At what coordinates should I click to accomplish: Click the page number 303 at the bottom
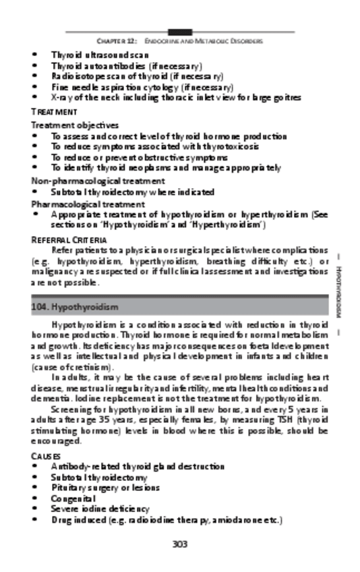(x=179, y=544)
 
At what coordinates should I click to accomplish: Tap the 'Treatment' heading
(x=54, y=111)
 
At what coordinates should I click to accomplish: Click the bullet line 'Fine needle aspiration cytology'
(x=142, y=87)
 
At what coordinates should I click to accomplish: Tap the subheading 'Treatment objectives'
(x=75, y=125)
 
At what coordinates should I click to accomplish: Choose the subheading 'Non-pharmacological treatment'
(x=98, y=181)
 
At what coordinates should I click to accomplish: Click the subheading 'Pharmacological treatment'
(x=88, y=203)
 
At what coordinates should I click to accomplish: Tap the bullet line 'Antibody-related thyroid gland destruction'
(x=138, y=466)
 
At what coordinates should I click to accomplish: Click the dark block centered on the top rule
(x=179, y=32)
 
